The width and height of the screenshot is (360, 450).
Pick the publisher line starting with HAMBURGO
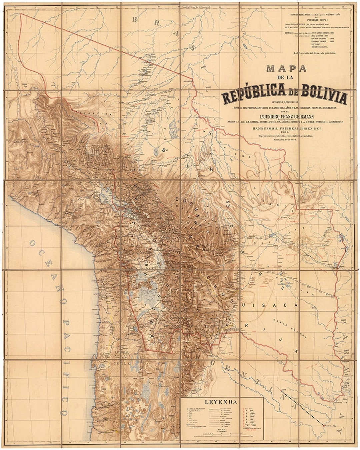click(x=286, y=127)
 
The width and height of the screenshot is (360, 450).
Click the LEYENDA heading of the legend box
click(x=221, y=402)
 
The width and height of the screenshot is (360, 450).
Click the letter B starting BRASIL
click(x=135, y=19)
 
